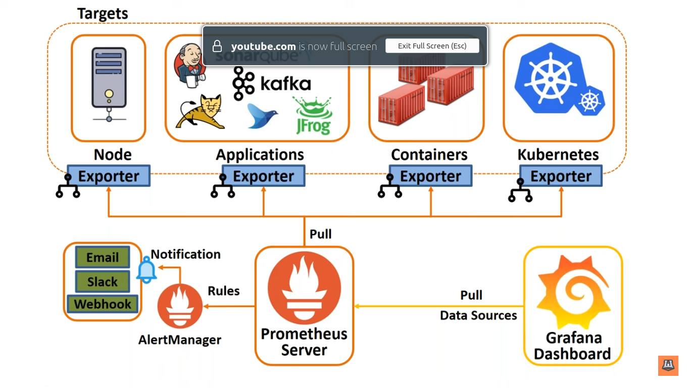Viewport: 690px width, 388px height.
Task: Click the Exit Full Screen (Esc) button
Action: pos(432,46)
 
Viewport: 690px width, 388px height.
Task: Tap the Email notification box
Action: pos(103,257)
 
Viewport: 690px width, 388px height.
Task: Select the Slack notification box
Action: pos(103,281)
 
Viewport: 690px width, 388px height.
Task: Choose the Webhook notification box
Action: pos(103,304)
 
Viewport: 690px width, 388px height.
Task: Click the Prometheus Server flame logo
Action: pos(304,290)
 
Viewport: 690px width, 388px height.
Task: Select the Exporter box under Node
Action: pos(109,176)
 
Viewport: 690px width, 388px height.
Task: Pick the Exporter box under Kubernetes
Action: pos(561,176)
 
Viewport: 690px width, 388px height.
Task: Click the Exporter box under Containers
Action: pos(430,176)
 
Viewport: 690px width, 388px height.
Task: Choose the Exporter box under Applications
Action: pos(263,176)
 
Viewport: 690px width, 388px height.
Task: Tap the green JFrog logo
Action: pos(313,116)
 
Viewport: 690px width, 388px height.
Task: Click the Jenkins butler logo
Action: pos(190,64)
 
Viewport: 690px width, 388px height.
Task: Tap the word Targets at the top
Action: pos(103,14)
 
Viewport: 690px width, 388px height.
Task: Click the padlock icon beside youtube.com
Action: pos(217,46)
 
